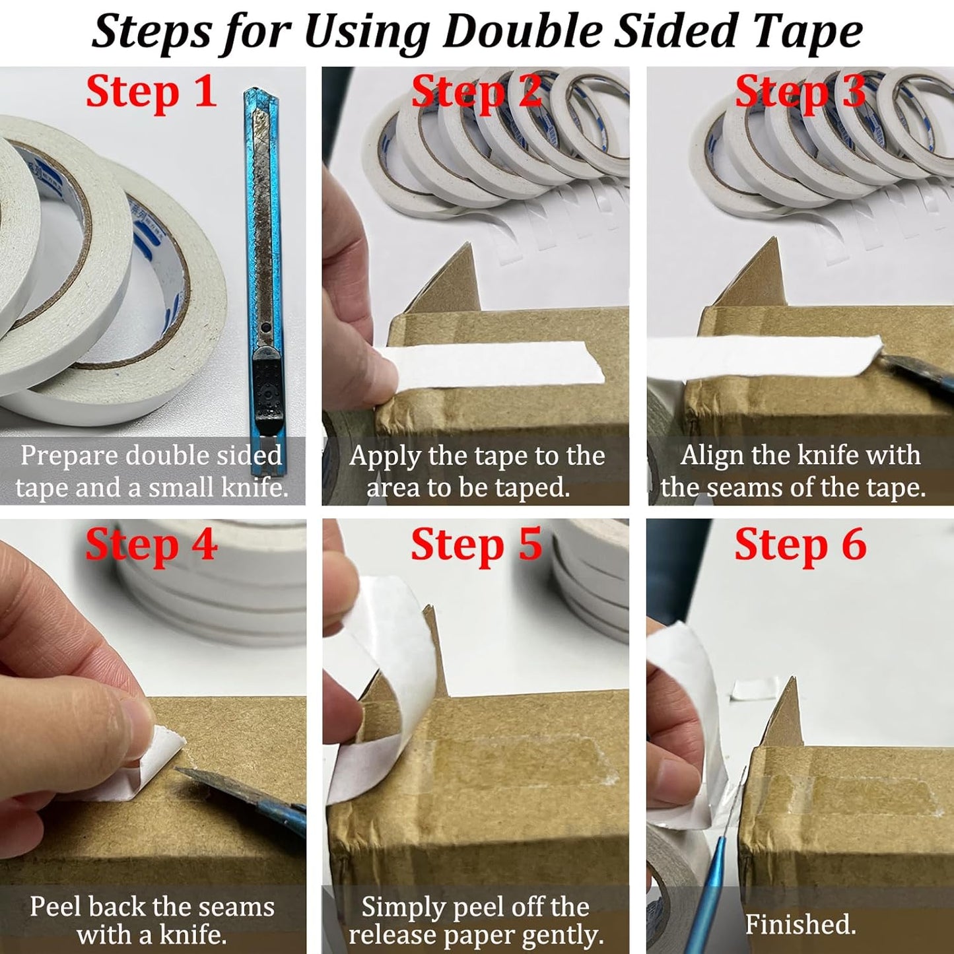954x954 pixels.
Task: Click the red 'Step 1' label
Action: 151,92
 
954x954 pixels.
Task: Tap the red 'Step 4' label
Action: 151,546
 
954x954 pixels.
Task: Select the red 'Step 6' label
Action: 800,546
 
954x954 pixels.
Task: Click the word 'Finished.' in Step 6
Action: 800,924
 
